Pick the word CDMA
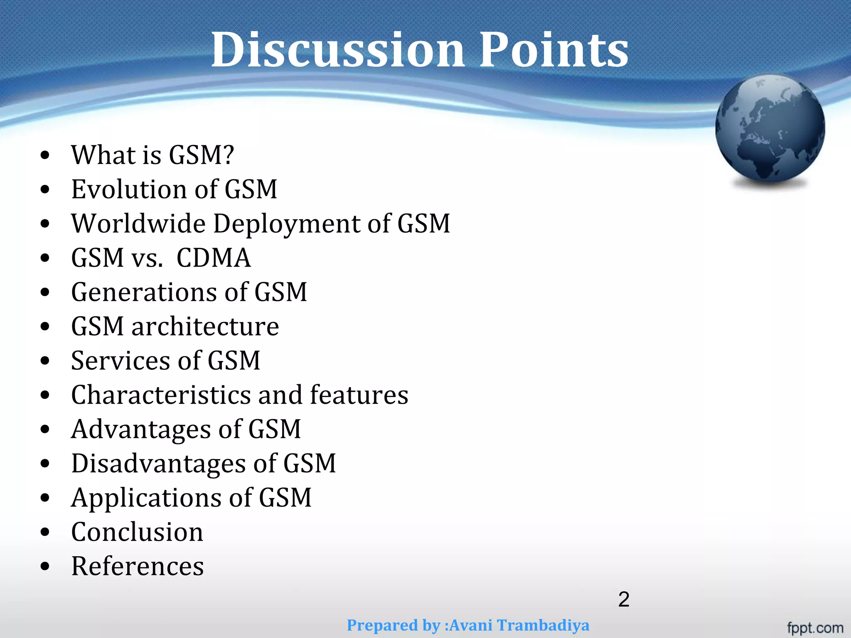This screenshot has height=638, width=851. pyautogui.click(x=214, y=258)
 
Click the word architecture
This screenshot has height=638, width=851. pyautogui.click(x=205, y=326)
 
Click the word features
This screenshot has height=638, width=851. pyautogui.click(x=359, y=395)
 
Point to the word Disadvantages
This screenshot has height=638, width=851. pyautogui.click(x=158, y=464)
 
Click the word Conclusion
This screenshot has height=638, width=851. pyautogui.click(x=137, y=532)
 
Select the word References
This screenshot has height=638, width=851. pyautogui.click(x=138, y=566)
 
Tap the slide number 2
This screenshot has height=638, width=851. pyautogui.click(x=624, y=599)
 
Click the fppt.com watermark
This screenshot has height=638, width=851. pyautogui.click(x=815, y=628)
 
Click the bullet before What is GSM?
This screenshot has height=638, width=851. pyautogui.click(x=45, y=155)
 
